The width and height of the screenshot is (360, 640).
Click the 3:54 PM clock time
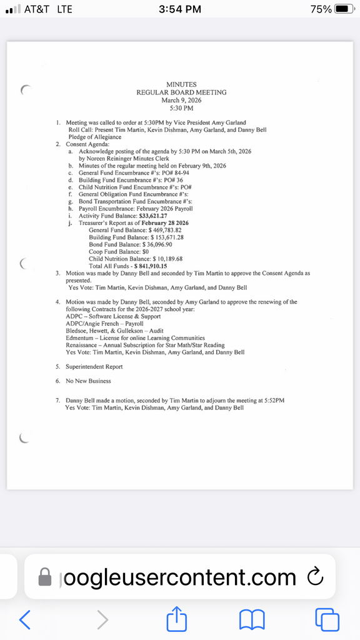click(180, 9)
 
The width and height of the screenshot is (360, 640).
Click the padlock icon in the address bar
click(45, 576)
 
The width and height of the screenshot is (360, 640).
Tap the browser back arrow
click(25, 619)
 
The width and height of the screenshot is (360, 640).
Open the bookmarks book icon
click(252, 619)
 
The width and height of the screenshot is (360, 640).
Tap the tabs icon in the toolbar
click(327, 619)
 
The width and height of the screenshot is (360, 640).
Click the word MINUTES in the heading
click(181, 84)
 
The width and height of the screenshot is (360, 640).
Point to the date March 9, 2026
click(181, 100)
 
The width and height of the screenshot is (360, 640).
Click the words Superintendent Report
click(94, 367)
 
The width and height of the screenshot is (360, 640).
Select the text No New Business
click(88, 381)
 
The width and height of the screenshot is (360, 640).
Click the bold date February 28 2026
click(161, 223)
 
